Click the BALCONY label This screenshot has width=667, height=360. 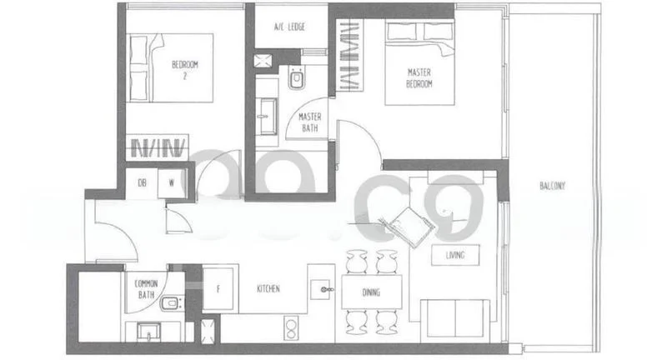[552, 187]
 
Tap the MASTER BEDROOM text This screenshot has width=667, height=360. [419, 78]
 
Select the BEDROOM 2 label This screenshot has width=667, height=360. [185, 68]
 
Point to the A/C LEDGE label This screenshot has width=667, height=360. [289, 27]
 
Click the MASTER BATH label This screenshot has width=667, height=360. [310, 122]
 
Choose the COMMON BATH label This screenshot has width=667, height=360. [146, 289]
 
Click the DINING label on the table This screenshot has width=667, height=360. [372, 292]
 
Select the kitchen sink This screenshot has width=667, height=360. [321, 288]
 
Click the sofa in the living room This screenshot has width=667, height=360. [455, 316]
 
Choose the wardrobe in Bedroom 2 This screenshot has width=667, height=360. [158, 147]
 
